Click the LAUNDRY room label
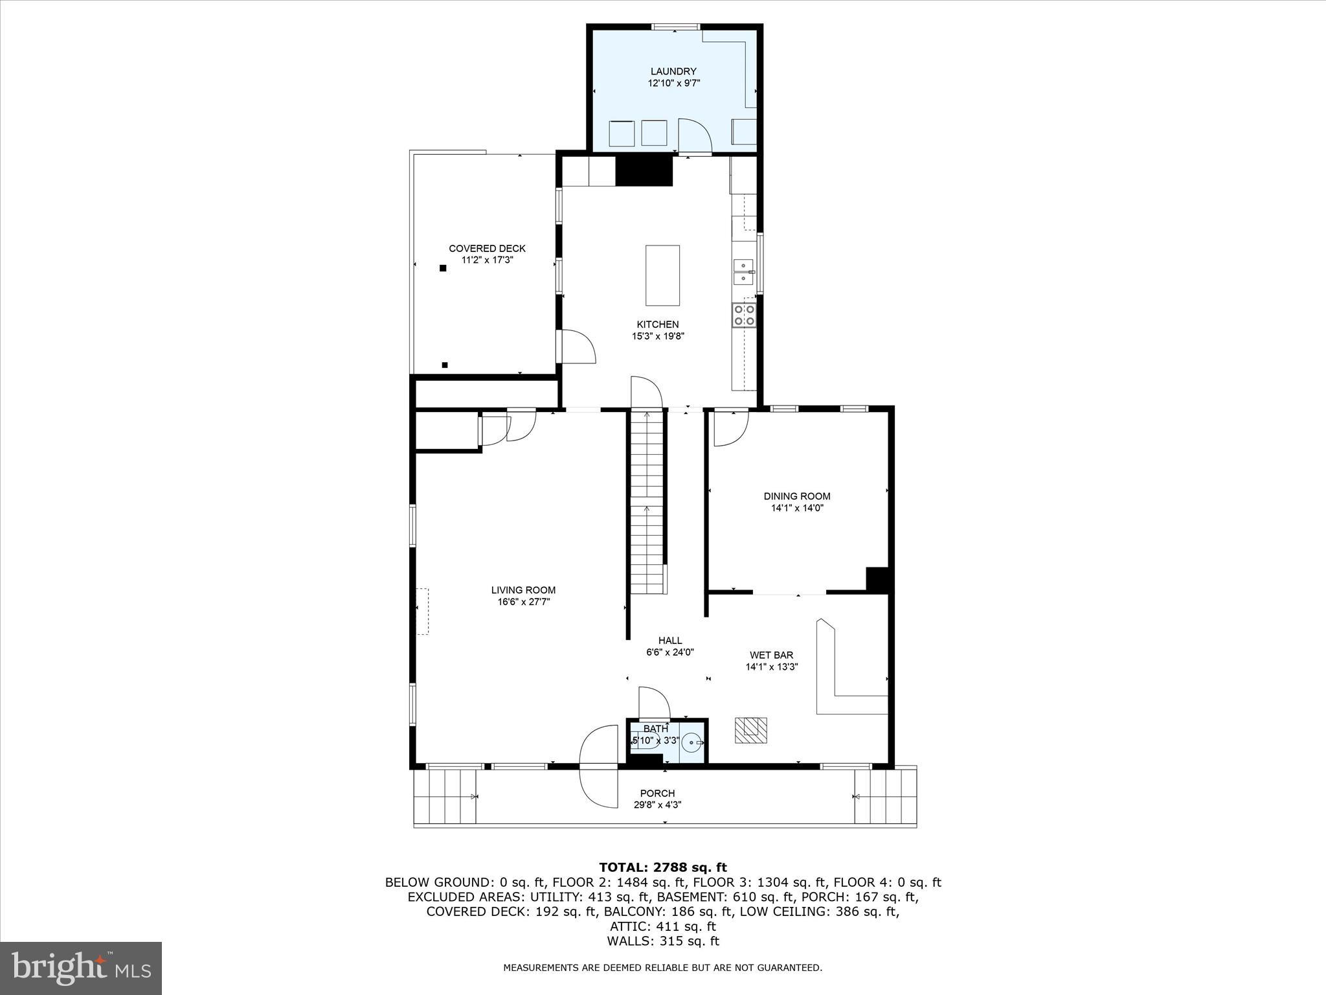[x=673, y=71]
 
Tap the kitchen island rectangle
[x=662, y=275]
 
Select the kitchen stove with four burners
[x=743, y=315]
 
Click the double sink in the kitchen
[x=743, y=271]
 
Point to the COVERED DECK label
[x=487, y=249]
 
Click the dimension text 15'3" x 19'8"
[x=658, y=336]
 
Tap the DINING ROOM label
[x=796, y=496]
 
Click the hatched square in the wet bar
[x=750, y=730]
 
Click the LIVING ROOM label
[x=523, y=590]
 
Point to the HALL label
[x=669, y=641]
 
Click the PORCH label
[x=657, y=794]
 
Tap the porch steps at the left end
[x=445, y=796]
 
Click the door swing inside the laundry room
[x=694, y=136]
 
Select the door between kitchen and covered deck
[x=578, y=347]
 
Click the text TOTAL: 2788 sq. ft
[x=662, y=867]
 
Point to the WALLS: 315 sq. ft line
[x=662, y=941]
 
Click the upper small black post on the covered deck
[x=443, y=268]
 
